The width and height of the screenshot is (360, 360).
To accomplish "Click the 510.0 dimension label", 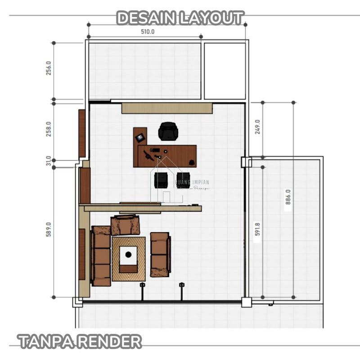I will point(148,32).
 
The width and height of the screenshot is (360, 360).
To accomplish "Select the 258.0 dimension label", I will point(49,129).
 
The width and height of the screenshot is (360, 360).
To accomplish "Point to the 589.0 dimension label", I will point(49,229).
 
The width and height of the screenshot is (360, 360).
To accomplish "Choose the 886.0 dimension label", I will point(288,197).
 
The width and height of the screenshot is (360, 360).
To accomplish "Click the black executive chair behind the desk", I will point(168,131).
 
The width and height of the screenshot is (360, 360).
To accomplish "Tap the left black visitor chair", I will point(161,180).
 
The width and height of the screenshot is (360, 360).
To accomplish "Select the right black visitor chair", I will point(183,180).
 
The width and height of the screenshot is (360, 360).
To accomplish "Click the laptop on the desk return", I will point(140,136).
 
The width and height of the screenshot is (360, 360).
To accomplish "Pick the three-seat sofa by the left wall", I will point(101,256).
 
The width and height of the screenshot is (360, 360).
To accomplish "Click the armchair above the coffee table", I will point(125,225).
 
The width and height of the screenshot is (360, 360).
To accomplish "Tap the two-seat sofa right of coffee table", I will point(160,254).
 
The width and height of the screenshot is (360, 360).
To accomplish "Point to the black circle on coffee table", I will point(128,255).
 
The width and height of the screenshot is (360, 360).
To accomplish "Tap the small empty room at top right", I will point(225,71).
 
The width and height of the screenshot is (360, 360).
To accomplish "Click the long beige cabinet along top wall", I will point(166,108).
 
